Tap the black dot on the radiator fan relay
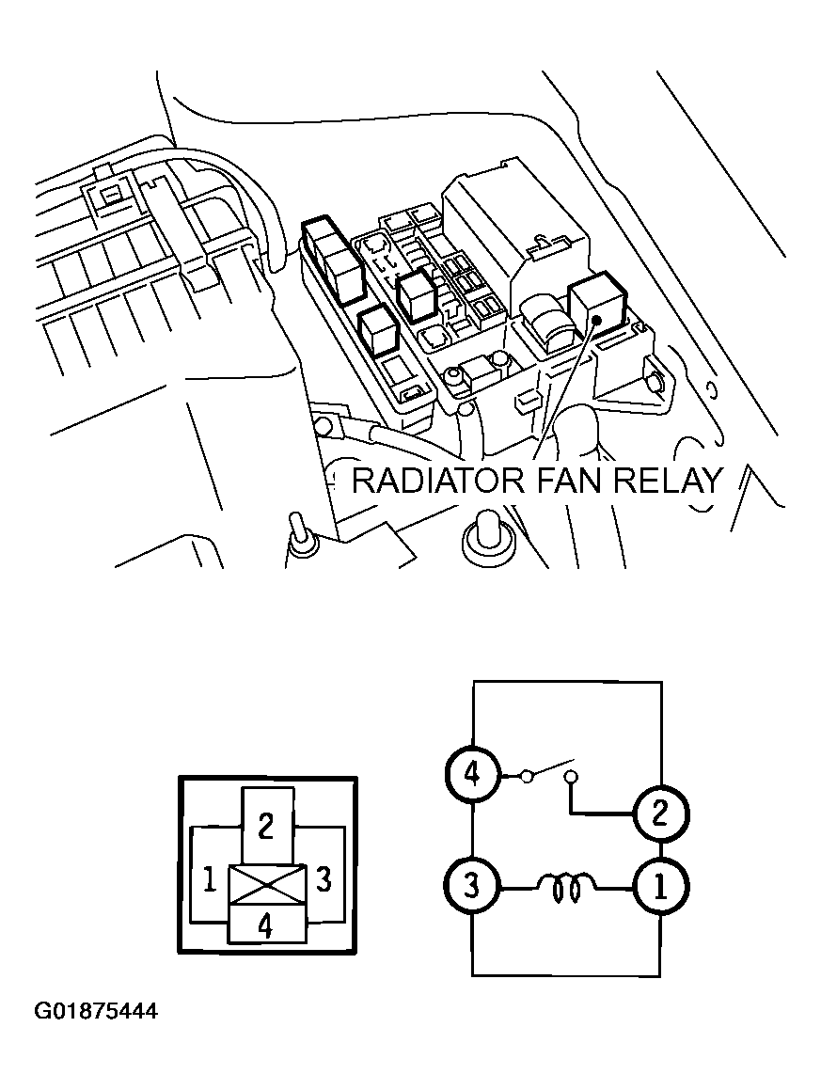pyautogui.click(x=596, y=321)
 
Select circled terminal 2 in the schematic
pyautogui.click(x=660, y=812)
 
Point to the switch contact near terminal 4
pyautogui.click(x=528, y=776)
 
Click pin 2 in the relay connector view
pyautogui.click(x=266, y=826)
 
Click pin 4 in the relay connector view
pyautogui.click(x=266, y=926)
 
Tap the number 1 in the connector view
pyautogui.click(x=210, y=880)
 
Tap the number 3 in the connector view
pyautogui.click(x=324, y=880)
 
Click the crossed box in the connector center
pyautogui.click(x=267, y=885)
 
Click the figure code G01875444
pyautogui.click(x=96, y=1012)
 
